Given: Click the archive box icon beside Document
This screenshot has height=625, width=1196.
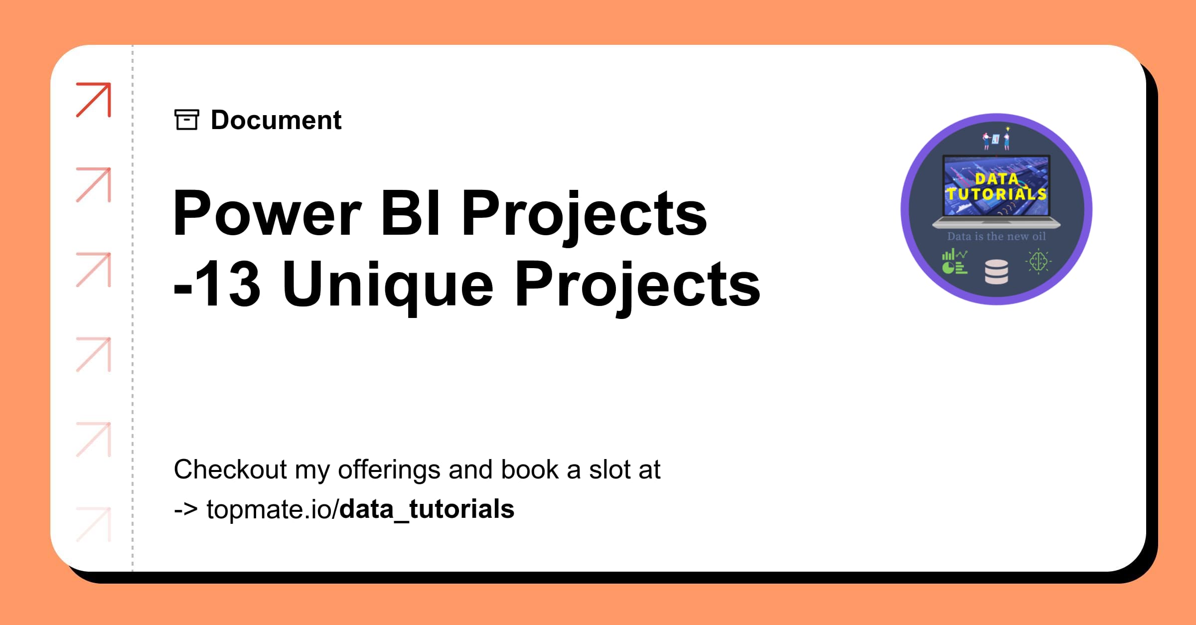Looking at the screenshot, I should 187,120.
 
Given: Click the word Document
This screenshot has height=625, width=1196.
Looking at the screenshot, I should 276,120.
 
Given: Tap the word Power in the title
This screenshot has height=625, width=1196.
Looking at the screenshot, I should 267,214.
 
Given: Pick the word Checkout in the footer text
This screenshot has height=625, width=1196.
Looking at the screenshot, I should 230,469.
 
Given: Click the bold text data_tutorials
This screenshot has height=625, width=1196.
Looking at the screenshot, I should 427,509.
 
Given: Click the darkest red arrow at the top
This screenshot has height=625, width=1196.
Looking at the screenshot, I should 94,100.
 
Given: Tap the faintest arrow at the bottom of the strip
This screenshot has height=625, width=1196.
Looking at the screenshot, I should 94,524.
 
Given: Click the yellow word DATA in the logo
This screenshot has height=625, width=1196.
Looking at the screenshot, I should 997,178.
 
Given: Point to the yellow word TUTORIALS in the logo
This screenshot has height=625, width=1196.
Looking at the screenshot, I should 997,193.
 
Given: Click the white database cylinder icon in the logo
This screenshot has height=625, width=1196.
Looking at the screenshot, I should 997,272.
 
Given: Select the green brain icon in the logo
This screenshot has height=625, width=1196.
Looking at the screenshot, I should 1039,262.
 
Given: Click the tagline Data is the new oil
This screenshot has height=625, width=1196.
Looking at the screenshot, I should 997,236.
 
